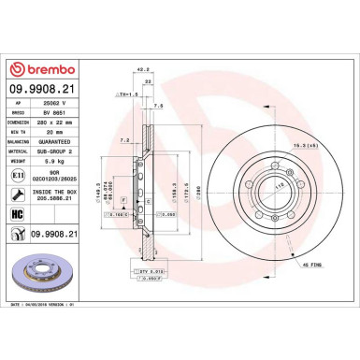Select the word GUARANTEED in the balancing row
click(66, 138)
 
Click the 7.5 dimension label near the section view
click(161, 107)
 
